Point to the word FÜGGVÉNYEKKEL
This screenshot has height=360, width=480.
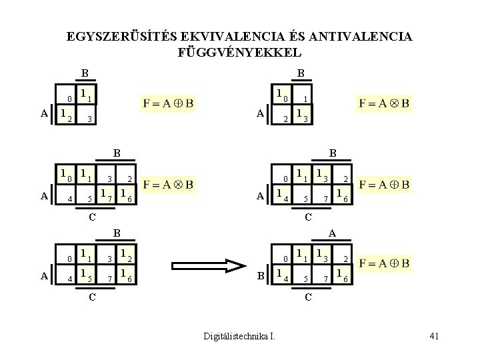click(x=240, y=51)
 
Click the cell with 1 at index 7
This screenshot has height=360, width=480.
click(x=105, y=195)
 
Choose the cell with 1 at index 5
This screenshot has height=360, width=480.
click(x=85, y=273)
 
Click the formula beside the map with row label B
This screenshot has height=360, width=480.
click(x=384, y=264)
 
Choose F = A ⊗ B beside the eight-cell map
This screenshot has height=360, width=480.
click(x=168, y=183)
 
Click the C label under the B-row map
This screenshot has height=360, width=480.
click(x=307, y=296)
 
